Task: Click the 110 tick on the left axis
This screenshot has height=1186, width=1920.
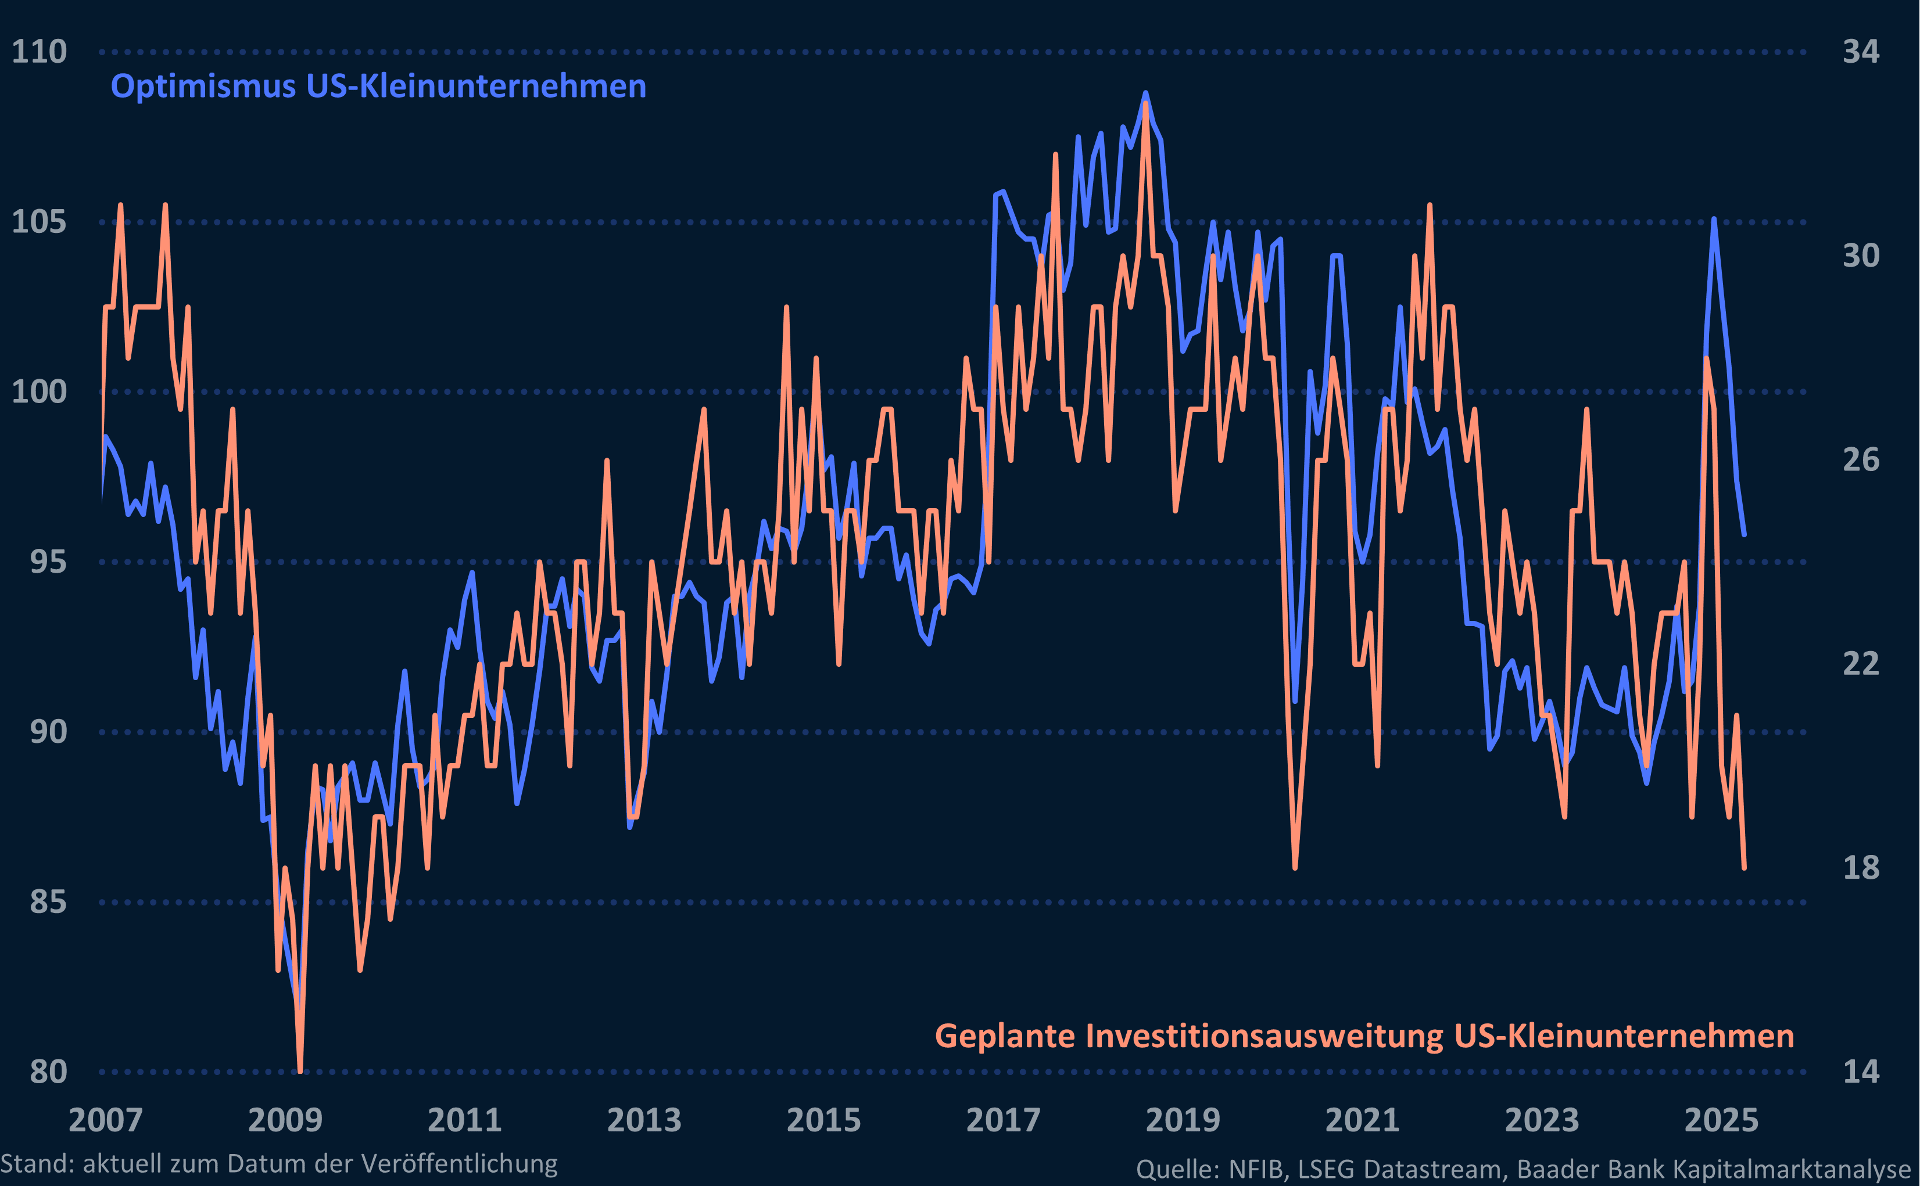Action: pyautogui.click(x=40, y=52)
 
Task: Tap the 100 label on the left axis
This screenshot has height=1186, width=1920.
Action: pyautogui.click(x=40, y=391)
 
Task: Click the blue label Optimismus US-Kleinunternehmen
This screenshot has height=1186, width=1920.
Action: pyautogui.click(x=378, y=87)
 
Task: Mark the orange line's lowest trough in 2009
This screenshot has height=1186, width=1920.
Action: pyautogui.click(x=300, y=1070)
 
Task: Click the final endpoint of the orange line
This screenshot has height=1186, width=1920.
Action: pyautogui.click(x=1745, y=868)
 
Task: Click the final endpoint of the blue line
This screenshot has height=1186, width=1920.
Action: pyautogui.click(x=1745, y=534)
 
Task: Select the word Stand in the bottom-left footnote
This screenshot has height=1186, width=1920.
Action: pyautogui.click(x=35, y=1163)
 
